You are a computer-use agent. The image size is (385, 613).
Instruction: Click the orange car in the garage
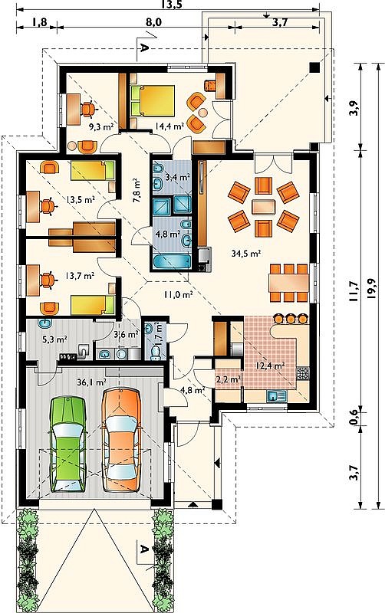pyautogui.click(x=121, y=439)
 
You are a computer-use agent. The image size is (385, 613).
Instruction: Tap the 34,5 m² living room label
pyautogui.click(x=246, y=254)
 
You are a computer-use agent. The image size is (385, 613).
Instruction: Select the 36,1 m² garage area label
pyautogui.click(x=92, y=382)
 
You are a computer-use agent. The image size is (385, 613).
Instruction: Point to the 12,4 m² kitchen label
pyautogui.click(x=270, y=366)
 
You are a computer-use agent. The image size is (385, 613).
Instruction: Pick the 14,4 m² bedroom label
pyautogui.click(x=169, y=126)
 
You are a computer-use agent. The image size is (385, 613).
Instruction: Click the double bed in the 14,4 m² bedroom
pyautogui.click(x=153, y=101)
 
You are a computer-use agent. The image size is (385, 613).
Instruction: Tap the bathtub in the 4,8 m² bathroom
pyautogui.click(x=171, y=262)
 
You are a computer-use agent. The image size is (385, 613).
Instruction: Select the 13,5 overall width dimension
pyautogui.click(x=168, y=5)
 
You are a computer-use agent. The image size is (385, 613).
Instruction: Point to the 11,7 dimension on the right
pyautogui.click(x=354, y=291)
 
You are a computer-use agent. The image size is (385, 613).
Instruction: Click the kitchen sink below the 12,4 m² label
pyautogui.click(x=278, y=396)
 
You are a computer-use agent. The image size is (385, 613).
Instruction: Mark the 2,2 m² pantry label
pyautogui.click(x=228, y=379)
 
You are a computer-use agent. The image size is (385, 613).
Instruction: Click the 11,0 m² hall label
pyautogui.click(x=179, y=295)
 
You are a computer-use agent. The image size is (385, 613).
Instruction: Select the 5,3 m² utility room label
pyautogui.click(x=54, y=339)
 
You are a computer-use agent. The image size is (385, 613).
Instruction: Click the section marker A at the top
pyautogui.click(x=144, y=48)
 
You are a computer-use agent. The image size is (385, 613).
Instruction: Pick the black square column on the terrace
pyautogui.click(x=314, y=67)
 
